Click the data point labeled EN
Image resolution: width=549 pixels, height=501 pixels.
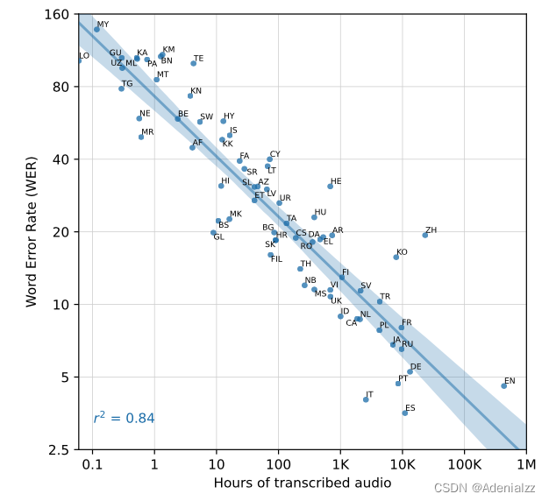pyautogui.click(x=503, y=385)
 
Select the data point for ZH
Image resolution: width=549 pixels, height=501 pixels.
pyautogui.click(x=425, y=235)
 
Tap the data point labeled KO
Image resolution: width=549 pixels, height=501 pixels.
pyautogui.click(x=396, y=257)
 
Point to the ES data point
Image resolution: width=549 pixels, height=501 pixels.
pyautogui.click(x=405, y=413)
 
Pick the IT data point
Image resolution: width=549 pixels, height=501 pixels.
pyautogui.click(x=366, y=399)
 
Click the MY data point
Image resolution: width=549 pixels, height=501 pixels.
pyautogui.click(x=96, y=29)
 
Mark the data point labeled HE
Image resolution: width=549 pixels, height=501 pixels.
pyautogui.click(x=331, y=186)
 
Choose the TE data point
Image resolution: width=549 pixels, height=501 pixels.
pyautogui.click(x=194, y=63)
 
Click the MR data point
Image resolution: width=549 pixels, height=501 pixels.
pyautogui.click(x=141, y=137)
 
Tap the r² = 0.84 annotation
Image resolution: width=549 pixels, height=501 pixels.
pyautogui.click(x=124, y=419)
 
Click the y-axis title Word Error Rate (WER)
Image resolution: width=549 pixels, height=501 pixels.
pyautogui.click(x=32, y=231)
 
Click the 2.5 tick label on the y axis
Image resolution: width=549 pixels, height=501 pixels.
pyautogui.click(x=60, y=450)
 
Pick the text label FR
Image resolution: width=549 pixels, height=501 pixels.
pyautogui.click(x=407, y=323)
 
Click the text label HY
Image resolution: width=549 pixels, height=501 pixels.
pyautogui.click(x=229, y=116)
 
